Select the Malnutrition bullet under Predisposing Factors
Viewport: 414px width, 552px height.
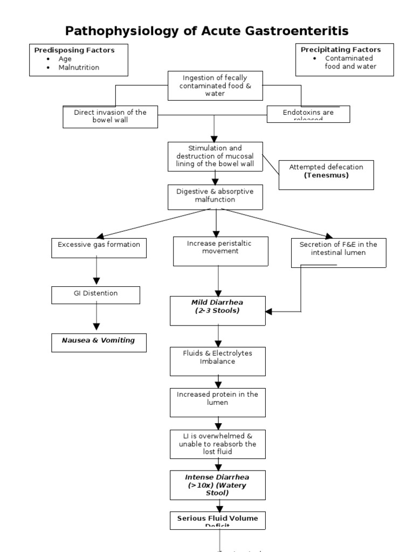(x=80, y=67)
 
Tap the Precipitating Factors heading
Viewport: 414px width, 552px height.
(x=341, y=50)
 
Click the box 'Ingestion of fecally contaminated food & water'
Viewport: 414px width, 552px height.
(x=215, y=86)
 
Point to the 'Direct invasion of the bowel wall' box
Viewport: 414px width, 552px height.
(x=111, y=116)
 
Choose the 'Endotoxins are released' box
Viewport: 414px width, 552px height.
(x=308, y=114)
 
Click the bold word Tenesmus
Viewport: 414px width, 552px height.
(x=326, y=175)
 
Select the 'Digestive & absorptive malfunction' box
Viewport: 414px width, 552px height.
(x=215, y=196)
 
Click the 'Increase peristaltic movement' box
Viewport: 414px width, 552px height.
(x=220, y=251)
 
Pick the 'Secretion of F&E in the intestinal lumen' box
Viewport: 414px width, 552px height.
(x=339, y=252)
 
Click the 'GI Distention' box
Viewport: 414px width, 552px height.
(x=96, y=294)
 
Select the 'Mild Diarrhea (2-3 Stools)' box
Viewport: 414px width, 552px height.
(x=218, y=310)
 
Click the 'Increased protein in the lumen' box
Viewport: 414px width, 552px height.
(x=218, y=402)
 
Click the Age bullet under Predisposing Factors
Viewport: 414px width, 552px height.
(x=65, y=59)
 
